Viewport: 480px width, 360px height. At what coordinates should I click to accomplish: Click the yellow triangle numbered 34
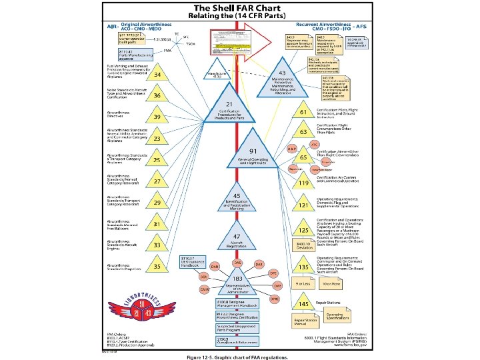point(157,75)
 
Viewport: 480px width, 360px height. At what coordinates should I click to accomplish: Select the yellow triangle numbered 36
point(157,96)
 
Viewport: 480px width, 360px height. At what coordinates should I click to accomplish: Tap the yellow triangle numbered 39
point(157,117)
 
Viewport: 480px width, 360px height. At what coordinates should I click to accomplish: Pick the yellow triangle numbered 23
point(157,139)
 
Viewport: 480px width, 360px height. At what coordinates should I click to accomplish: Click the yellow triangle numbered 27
point(157,181)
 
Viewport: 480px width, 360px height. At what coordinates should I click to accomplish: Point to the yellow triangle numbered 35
point(157,267)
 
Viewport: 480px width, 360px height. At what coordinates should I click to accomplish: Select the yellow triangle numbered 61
point(302,113)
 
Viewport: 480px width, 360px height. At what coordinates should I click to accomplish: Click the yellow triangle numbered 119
point(302,182)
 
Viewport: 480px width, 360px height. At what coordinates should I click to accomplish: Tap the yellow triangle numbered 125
point(302,231)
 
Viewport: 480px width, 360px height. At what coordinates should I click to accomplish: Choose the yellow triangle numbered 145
point(302,304)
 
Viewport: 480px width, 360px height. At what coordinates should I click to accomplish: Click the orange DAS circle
point(237,262)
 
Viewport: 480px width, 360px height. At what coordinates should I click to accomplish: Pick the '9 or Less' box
point(304,283)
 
